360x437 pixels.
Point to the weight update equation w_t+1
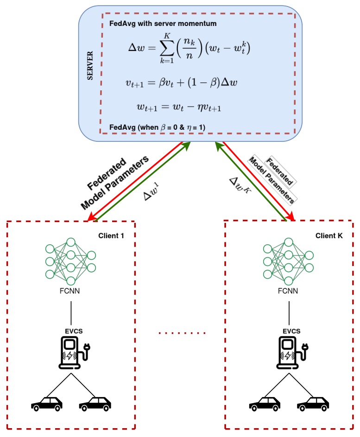(x=178, y=107)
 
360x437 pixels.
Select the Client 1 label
(x=111, y=235)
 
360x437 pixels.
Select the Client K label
(x=329, y=235)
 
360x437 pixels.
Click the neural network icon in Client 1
(x=70, y=261)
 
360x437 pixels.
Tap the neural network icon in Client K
(x=288, y=261)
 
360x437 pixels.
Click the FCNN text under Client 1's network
(x=70, y=291)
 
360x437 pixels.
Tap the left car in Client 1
(x=47, y=404)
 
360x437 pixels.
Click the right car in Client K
(x=313, y=404)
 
